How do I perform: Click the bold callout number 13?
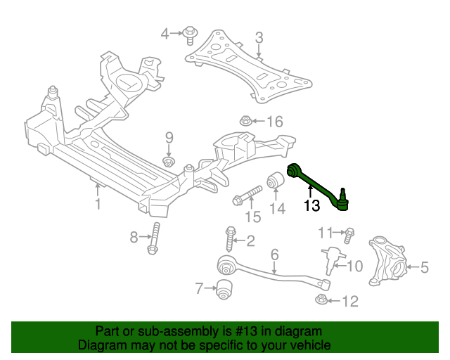tap(311, 206)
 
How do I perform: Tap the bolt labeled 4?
tap(191, 32)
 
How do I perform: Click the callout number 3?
tap(259, 37)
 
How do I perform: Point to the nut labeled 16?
tap(245, 121)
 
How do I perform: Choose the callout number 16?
tap(274, 122)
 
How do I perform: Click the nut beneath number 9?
tap(169, 162)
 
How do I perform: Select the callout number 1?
tap(98, 204)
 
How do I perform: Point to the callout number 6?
tap(274, 254)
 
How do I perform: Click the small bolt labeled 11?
tap(349, 233)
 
